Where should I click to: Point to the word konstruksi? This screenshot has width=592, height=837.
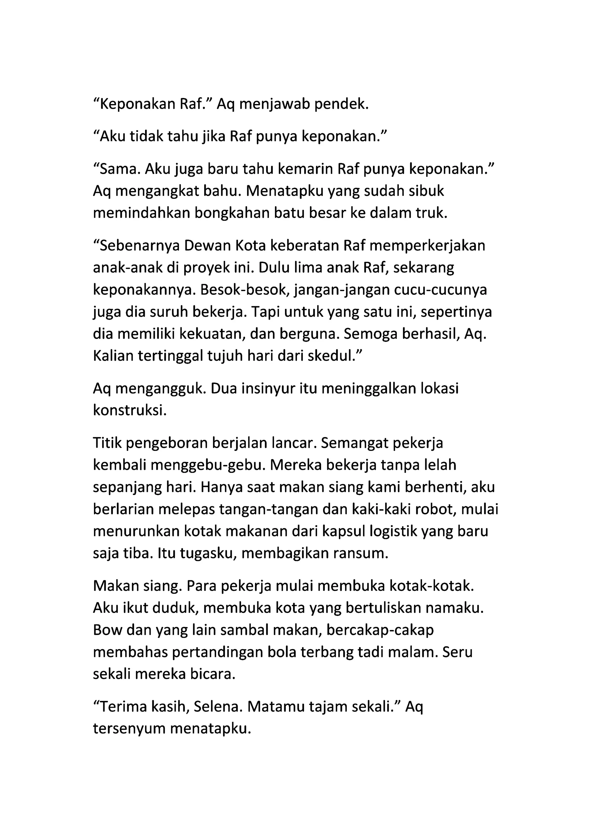(x=130, y=411)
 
